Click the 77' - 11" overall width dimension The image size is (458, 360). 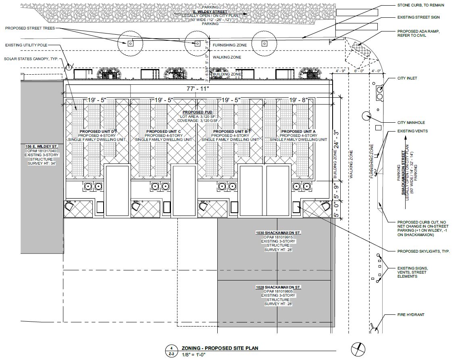point(198,89)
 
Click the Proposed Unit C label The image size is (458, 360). point(164,132)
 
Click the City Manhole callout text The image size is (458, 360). point(411,122)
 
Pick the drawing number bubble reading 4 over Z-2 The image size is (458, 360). point(172,351)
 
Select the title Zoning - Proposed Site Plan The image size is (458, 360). point(220,348)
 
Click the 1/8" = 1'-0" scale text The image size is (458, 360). point(194,354)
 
